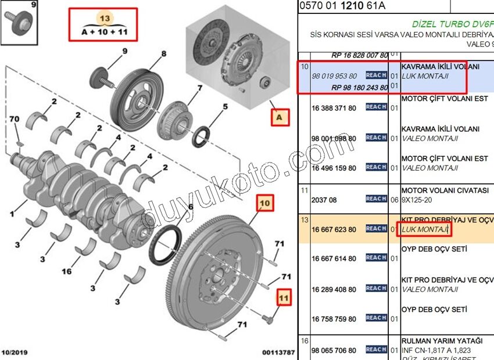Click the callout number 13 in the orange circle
105,19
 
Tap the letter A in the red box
280,118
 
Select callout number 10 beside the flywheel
264,203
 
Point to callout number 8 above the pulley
164,54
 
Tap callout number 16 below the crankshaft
67,271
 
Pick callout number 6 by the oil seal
190,207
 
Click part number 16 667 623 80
334,229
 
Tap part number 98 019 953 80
334,76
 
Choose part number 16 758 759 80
334,319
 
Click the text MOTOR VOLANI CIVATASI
445,190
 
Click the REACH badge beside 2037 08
376,199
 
